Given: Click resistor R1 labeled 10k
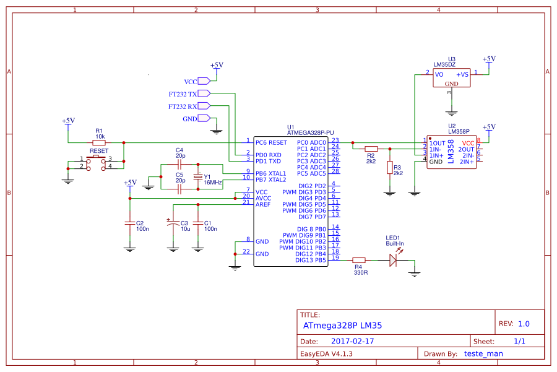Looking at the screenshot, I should point(99,142).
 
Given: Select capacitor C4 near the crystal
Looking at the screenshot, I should point(179,164).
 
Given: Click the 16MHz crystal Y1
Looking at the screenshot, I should point(198,177).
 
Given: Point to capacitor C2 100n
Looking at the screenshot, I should point(129,223).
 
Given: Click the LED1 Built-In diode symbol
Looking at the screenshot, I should point(392,261).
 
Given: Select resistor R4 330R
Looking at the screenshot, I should point(359,261).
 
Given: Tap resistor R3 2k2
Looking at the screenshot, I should point(390,168).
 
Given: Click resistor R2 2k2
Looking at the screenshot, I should point(371,149).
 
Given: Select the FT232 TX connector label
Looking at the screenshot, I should point(183,95).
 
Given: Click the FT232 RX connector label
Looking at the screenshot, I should point(183,106).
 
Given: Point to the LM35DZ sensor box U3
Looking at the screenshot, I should point(451,78).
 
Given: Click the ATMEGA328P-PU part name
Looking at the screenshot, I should point(311,132).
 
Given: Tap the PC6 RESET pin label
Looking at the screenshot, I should point(271,142).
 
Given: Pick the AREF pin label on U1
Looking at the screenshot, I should point(262,204).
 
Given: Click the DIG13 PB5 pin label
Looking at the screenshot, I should point(312,260).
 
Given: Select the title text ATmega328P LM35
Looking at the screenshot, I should point(342,325).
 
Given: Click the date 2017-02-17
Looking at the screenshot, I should point(353,341).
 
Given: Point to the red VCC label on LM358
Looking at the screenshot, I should point(468,143).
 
